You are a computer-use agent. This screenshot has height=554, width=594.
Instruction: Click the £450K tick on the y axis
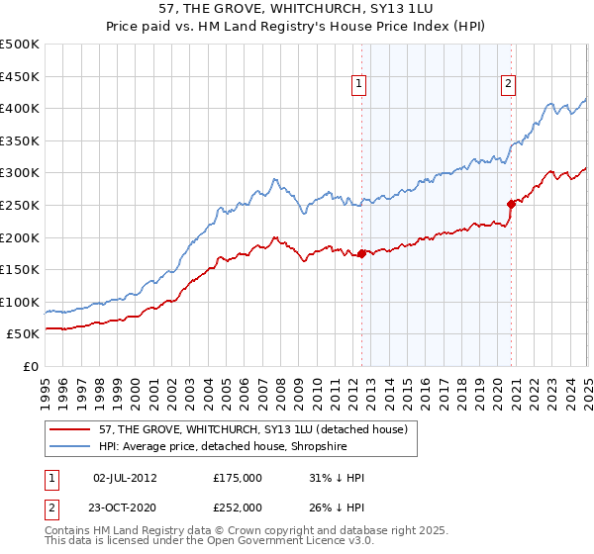coord(20,75)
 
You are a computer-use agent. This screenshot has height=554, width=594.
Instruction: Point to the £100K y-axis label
coord(20,302)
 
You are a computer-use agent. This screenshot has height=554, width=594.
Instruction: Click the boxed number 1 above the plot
coord(357,85)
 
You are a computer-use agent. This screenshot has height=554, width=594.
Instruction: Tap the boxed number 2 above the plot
coord(508,85)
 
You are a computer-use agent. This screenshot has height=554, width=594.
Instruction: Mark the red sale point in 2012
coord(361,253)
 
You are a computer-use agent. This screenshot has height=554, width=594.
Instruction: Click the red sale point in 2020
coord(512,204)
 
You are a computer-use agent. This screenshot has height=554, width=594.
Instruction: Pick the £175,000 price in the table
coord(238,478)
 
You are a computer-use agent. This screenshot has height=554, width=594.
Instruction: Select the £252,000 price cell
coord(238,508)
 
